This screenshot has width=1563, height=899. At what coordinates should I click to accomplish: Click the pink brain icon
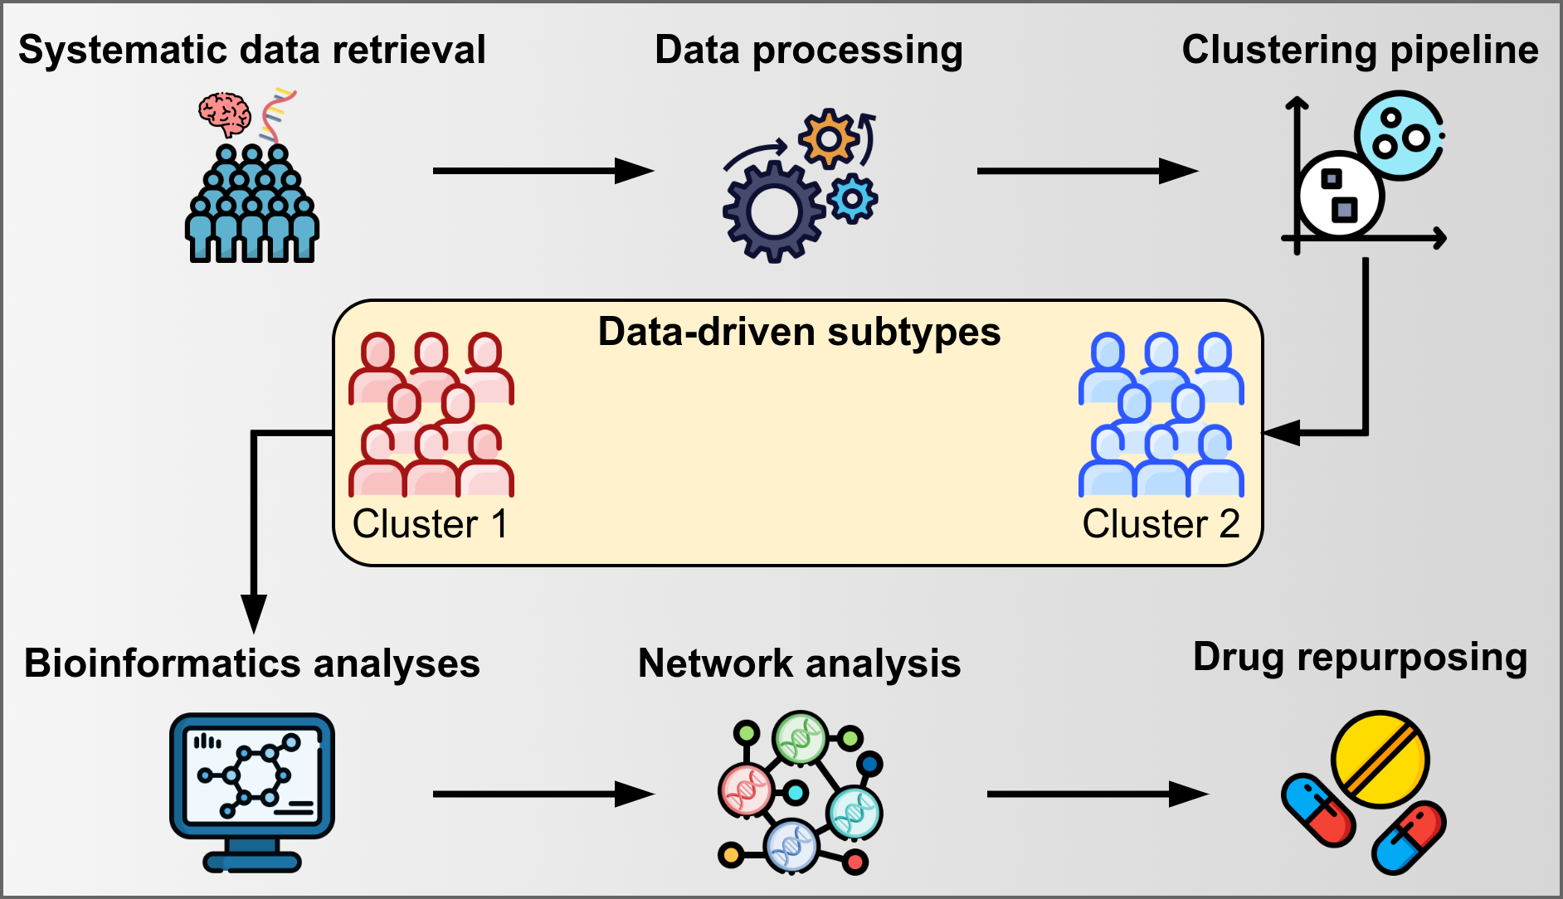(225, 114)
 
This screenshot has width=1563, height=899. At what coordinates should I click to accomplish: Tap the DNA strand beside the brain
(276, 114)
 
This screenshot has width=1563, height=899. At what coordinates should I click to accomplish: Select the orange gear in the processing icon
(827, 138)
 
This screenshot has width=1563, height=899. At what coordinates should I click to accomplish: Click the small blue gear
(852, 199)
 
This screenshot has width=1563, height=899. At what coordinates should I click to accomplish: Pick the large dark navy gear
(772, 211)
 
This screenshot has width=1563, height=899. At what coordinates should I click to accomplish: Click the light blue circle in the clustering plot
(1399, 135)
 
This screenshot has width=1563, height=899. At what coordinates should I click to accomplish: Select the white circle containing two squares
(1339, 195)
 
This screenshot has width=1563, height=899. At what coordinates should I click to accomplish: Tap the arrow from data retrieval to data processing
(543, 171)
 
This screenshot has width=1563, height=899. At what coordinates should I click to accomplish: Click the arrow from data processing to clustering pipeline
(1087, 171)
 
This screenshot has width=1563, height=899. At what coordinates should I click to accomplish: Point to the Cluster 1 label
(430, 524)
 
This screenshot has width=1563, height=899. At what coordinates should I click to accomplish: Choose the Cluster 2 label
(1161, 524)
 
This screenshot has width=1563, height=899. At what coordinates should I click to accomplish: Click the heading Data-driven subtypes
(799, 332)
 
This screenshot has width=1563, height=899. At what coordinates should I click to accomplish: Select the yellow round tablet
(1380, 759)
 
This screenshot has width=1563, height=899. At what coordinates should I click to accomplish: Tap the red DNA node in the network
(746, 790)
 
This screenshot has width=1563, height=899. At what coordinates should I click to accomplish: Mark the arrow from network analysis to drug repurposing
(1097, 794)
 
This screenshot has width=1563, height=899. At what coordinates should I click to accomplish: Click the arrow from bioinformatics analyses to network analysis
(543, 794)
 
